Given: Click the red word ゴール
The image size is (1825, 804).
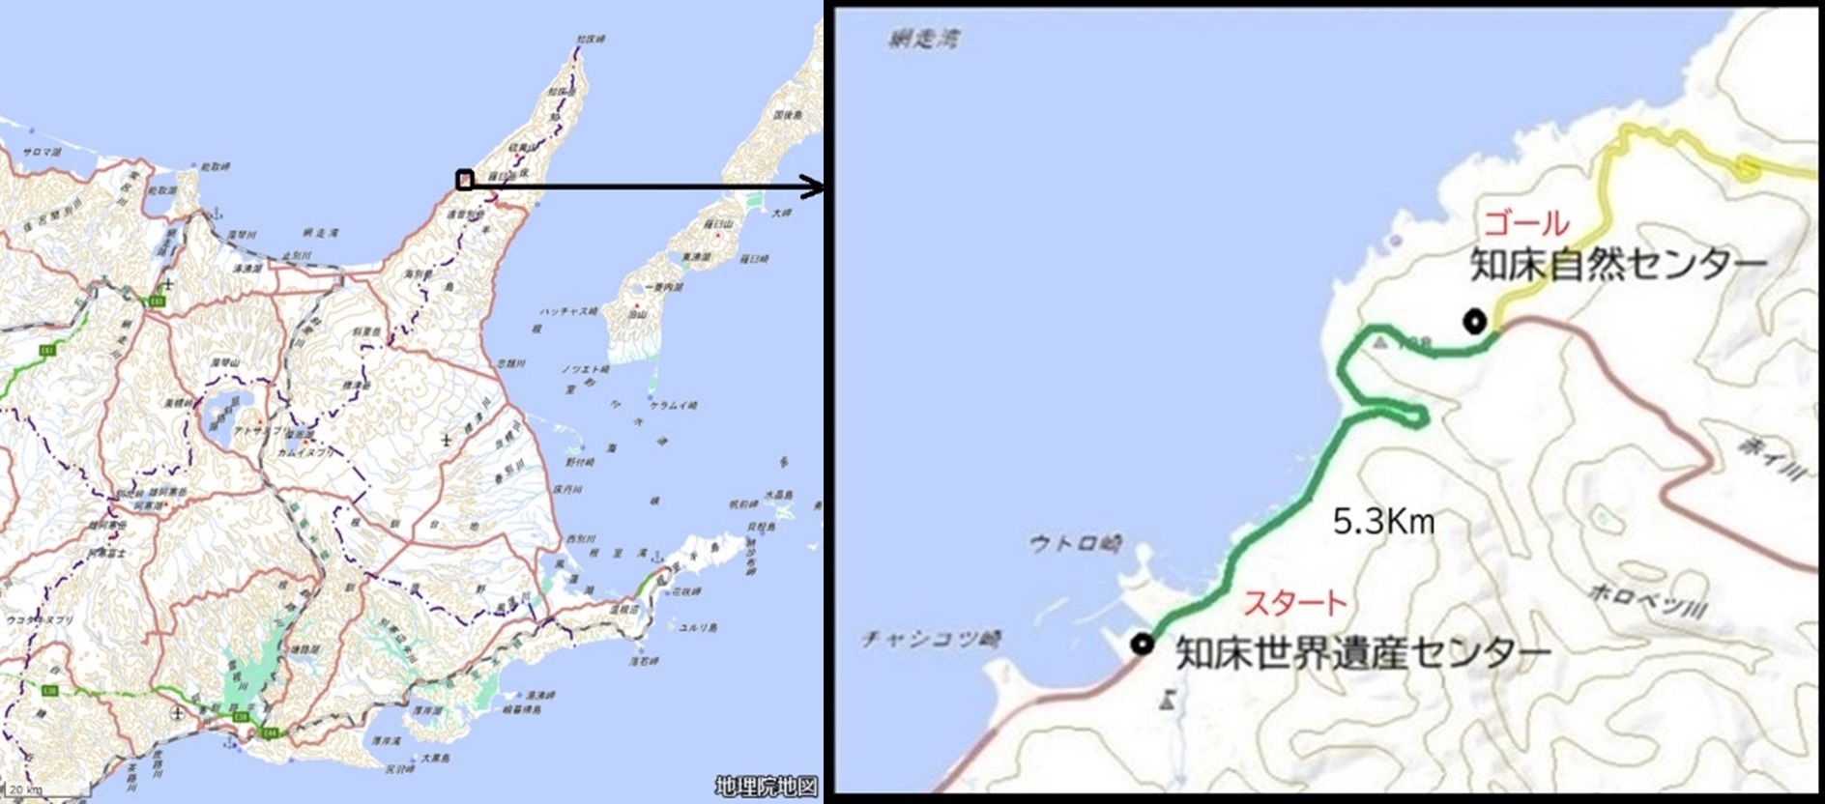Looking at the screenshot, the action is [1526, 224].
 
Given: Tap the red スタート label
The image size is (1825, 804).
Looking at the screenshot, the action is [1294, 603].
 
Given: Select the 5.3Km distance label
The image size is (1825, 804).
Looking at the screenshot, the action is [1383, 523].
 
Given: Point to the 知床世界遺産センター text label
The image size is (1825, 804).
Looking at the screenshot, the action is [1363, 654].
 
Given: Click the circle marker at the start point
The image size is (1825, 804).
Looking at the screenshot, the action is [1143, 644].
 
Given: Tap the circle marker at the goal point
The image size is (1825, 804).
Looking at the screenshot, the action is [1474, 322].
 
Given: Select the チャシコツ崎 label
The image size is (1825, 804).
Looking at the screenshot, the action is [931, 639].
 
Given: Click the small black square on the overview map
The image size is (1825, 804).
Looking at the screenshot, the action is [465, 179].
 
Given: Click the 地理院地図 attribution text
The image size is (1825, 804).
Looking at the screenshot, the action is [767, 786].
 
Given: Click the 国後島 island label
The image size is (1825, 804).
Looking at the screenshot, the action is [788, 114].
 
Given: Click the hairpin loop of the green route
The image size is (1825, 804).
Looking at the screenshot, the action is [1411, 416].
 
